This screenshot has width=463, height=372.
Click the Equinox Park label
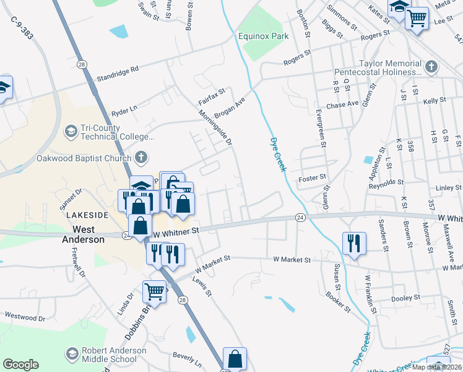(264, 37)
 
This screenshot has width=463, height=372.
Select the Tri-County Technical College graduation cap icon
(71, 131)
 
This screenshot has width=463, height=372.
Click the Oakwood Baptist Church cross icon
(141, 157)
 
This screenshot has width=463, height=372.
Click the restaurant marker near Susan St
(354, 242)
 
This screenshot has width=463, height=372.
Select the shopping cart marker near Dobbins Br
(154, 290)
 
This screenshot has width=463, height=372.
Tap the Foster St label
(312, 177)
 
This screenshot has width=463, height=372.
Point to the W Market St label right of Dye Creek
(289, 261)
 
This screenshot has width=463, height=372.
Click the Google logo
(20, 365)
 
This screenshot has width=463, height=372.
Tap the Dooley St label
(406, 298)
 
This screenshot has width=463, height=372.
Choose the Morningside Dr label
(215, 129)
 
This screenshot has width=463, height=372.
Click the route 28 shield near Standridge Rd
(82, 64)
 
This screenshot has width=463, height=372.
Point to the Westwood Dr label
(25, 317)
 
